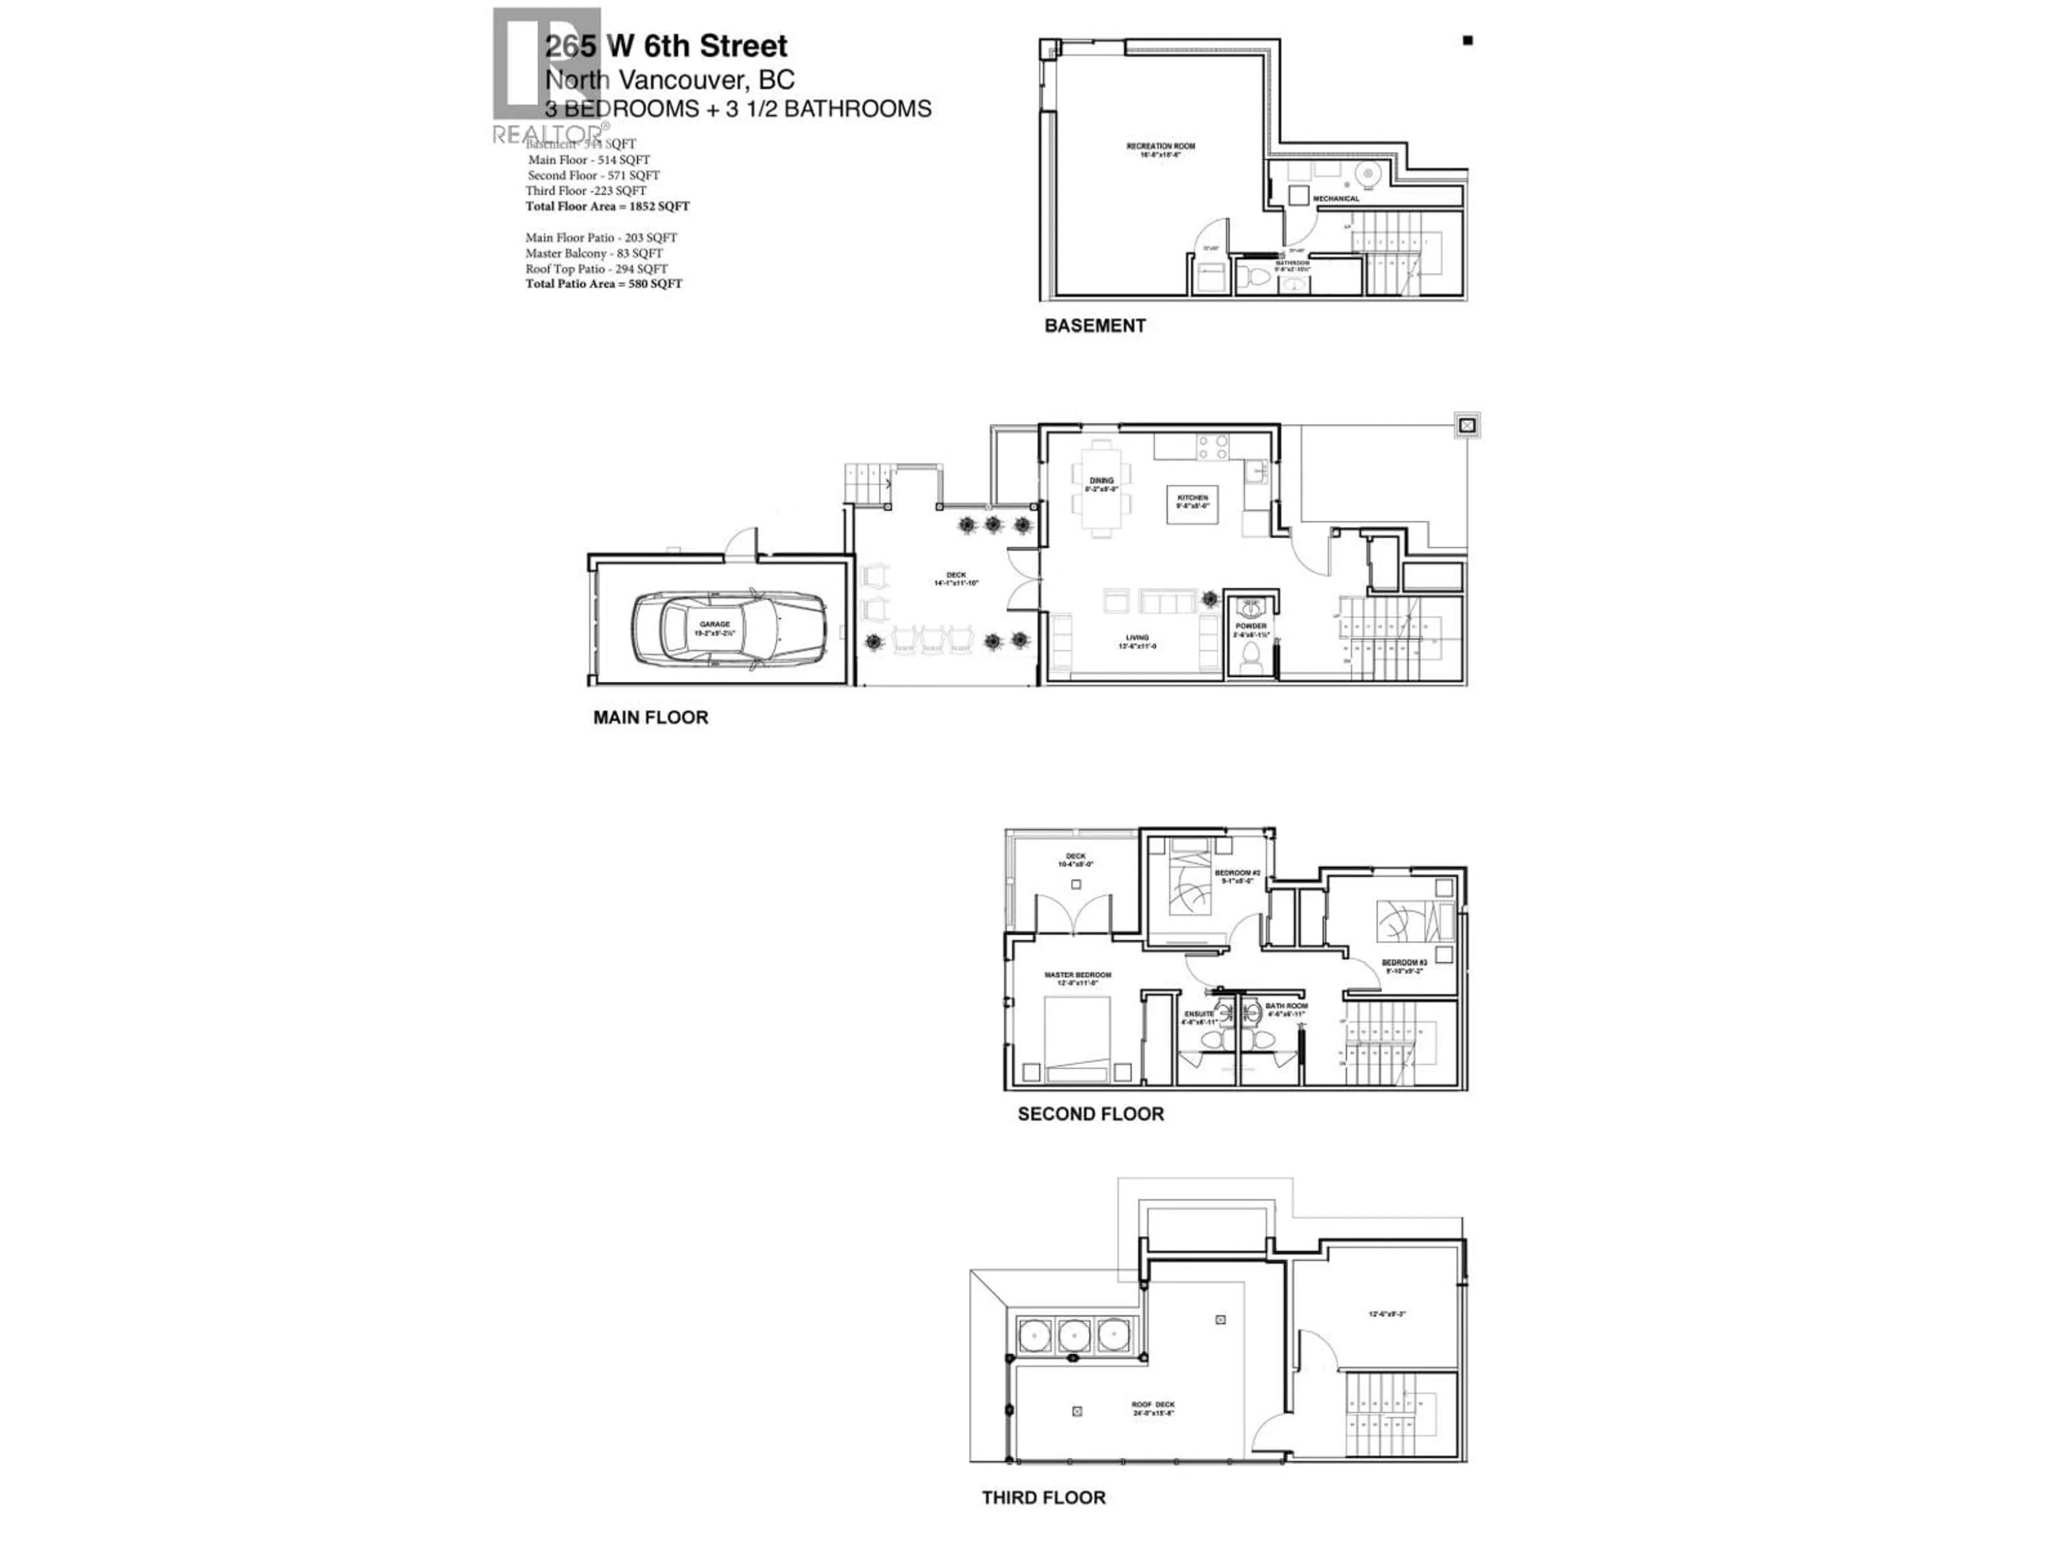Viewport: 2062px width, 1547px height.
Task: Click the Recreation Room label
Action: coord(1160,147)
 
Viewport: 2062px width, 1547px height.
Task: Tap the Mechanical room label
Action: coord(1336,199)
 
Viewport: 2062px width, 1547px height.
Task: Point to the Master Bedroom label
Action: coord(1078,975)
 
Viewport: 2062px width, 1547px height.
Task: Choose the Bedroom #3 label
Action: coord(1404,963)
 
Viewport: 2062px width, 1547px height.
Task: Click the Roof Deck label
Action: coord(1153,1404)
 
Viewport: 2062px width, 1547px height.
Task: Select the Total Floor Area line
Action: coord(607,206)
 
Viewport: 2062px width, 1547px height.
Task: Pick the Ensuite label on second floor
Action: coord(1199,1014)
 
